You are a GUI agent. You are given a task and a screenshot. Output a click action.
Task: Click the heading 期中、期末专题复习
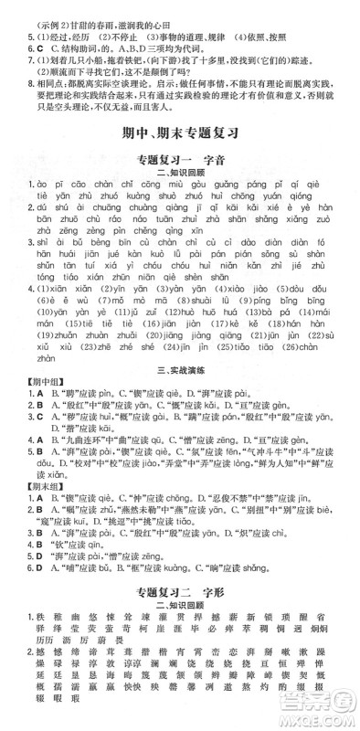(x=180, y=132)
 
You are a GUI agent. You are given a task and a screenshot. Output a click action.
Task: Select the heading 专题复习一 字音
(x=180, y=158)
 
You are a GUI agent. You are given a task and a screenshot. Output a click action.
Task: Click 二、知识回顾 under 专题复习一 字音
(x=180, y=172)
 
